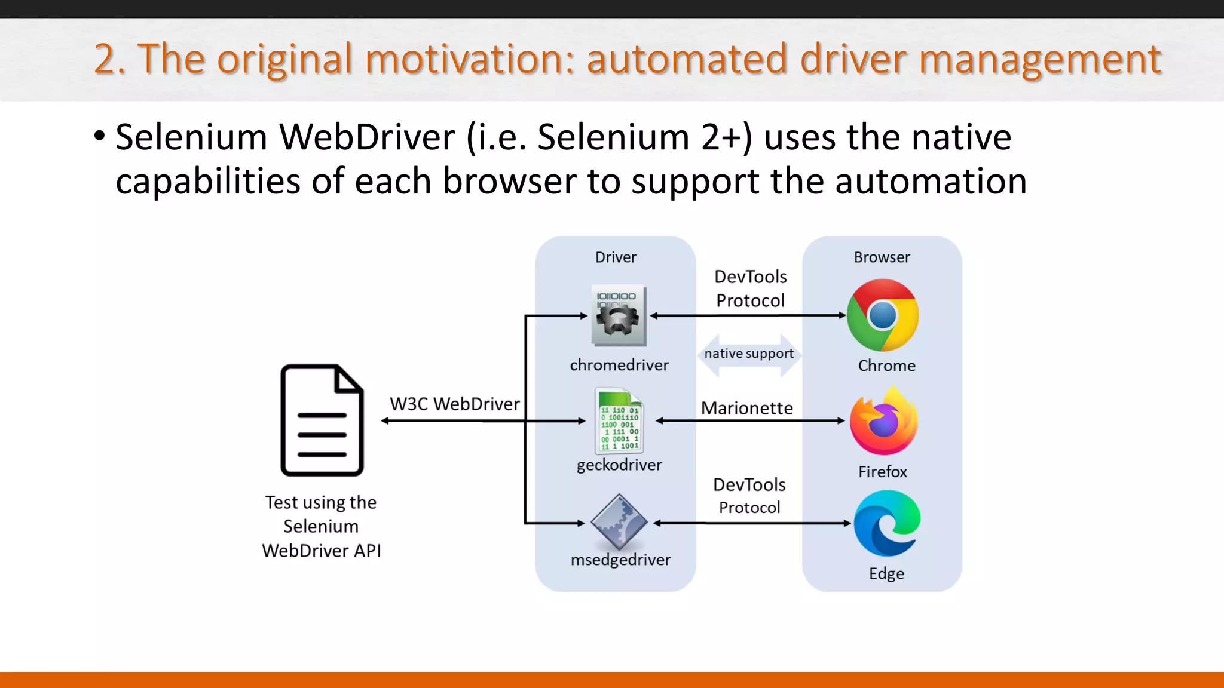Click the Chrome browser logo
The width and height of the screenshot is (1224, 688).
click(x=883, y=315)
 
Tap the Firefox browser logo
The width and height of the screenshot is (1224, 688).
click(x=883, y=421)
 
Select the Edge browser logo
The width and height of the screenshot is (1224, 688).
click(x=887, y=523)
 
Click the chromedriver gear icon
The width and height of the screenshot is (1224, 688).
click(x=619, y=315)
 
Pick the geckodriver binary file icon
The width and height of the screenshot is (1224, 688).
click(x=619, y=420)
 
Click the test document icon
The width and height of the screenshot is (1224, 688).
click(x=322, y=420)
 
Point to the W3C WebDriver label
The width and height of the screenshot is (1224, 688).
click(x=455, y=404)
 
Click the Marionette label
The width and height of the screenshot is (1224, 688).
click(x=747, y=408)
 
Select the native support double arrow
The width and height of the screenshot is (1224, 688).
click(x=749, y=354)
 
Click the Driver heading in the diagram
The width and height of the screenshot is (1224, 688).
click(x=616, y=257)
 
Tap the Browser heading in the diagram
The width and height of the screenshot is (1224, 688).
click(x=882, y=257)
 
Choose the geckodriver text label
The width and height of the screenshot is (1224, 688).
click(x=619, y=465)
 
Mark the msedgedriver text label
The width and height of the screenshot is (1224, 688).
click(x=620, y=560)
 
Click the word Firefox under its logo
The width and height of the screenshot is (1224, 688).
click(x=883, y=472)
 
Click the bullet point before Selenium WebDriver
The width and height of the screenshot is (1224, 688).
click(x=99, y=136)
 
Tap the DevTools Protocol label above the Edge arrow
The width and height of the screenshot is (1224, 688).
click(x=749, y=496)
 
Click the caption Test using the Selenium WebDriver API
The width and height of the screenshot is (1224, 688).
click(x=321, y=526)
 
